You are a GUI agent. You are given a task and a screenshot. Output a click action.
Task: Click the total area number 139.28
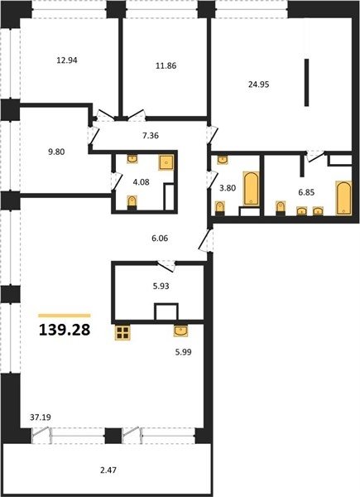pyautogui.click(x=65, y=330)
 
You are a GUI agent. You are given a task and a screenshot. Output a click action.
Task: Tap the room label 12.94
pyautogui.click(x=67, y=60)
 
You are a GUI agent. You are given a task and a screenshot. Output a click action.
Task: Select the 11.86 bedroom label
pyautogui.click(x=166, y=66)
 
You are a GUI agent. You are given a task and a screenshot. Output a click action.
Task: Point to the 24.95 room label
pyautogui.click(x=259, y=84)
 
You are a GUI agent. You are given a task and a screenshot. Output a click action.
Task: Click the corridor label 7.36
pyautogui.click(x=151, y=136)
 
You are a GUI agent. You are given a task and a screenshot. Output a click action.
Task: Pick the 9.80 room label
pyautogui.click(x=56, y=152)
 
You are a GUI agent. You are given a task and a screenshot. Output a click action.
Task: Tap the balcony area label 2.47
pyautogui.click(x=108, y=470)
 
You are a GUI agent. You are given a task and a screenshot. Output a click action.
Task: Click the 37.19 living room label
pyautogui.click(x=41, y=417)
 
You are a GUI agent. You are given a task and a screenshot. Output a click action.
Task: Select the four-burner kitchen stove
pyautogui.click(x=122, y=332)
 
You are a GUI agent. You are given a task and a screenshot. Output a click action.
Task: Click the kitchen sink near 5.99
pyautogui.click(x=180, y=331)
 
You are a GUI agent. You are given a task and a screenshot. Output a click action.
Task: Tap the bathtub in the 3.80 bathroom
pyautogui.click(x=251, y=188)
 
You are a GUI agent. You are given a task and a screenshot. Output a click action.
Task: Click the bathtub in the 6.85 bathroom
pyautogui.click(x=343, y=198)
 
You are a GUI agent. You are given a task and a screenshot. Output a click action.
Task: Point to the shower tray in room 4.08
pyautogui.click(x=166, y=162)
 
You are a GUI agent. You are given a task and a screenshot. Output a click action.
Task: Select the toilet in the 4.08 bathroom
pyautogui.click(x=132, y=203)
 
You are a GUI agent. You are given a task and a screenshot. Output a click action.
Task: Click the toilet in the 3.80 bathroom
pyautogui.click(x=220, y=208)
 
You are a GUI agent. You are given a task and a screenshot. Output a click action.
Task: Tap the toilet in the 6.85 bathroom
pyautogui.click(x=281, y=208)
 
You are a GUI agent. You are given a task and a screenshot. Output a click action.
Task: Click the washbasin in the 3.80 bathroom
pyautogui.click(x=223, y=160)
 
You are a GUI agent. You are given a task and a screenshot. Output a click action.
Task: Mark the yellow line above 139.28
pyautogui.click(x=65, y=316)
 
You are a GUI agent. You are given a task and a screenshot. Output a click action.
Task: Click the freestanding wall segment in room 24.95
pyautogui.click(x=306, y=82)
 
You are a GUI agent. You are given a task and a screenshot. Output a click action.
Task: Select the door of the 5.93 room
pyautogui.click(x=167, y=266)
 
